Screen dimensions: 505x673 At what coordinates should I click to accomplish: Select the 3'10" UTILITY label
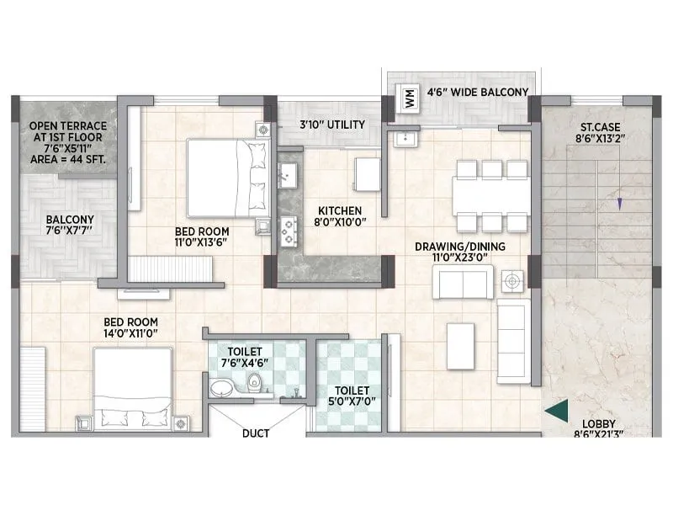pos(332,125)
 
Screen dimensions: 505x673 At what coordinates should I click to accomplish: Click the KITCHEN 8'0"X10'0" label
pos(340,216)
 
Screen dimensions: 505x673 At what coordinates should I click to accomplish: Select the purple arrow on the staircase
pos(620,203)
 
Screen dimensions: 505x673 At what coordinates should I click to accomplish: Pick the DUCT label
pos(256,434)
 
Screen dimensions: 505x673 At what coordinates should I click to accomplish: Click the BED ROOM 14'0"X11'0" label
pos(130,327)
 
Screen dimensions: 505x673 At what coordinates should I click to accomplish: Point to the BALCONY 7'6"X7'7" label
pos(70,226)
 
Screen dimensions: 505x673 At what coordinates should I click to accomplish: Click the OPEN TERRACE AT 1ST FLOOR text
pos(70,126)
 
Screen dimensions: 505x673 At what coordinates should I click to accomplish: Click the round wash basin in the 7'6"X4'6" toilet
pos(222,388)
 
